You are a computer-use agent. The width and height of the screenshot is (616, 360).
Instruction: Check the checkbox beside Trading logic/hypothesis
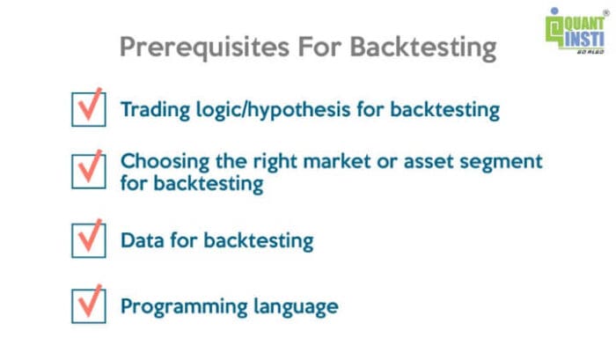point(87,110)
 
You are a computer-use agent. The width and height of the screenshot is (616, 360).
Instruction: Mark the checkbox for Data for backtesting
point(87,238)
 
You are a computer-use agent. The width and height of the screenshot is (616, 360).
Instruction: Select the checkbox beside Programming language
point(87,305)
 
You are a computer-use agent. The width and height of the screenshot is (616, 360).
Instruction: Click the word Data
point(141,238)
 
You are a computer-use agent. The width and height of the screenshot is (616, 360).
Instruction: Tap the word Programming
point(177,306)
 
